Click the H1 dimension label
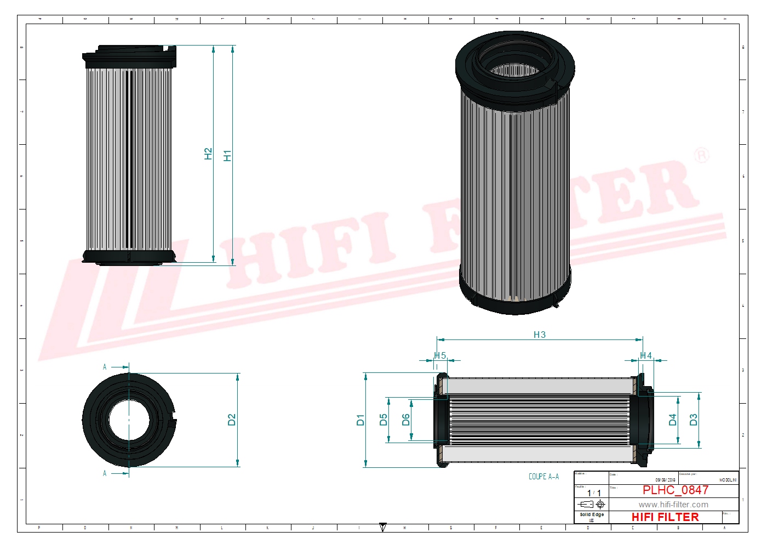click(227, 155)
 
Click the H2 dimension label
click(208, 154)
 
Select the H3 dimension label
click(539, 335)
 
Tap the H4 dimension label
click(646, 355)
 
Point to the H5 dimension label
click(440, 355)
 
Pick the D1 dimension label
click(360, 420)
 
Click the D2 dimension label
click(231, 420)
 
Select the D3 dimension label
click(693, 420)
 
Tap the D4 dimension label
click(672, 420)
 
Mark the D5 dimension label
click(383, 420)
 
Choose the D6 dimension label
click(405, 420)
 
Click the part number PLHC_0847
click(675, 490)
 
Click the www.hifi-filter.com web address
click(673, 505)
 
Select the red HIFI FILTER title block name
click(665, 517)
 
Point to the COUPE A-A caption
click(543, 477)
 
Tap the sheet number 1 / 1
click(593, 493)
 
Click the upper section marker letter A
click(105, 367)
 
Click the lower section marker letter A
click(105, 473)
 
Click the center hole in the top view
click(129, 420)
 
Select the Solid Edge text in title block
click(592, 514)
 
